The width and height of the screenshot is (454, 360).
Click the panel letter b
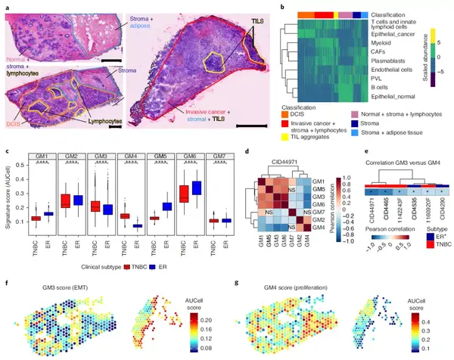click(x=261, y=7)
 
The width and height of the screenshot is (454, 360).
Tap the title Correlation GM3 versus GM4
click(x=401, y=163)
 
